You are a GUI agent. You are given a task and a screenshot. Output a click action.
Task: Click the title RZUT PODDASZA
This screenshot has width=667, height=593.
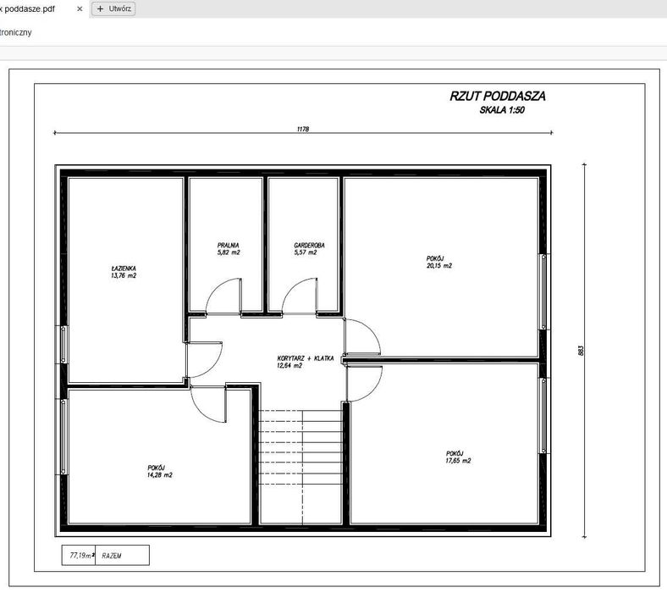click(498, 97)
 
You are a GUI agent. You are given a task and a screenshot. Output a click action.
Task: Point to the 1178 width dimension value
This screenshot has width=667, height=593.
click(303, 130)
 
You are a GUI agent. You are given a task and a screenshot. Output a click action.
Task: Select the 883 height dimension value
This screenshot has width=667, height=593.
click(582, 350)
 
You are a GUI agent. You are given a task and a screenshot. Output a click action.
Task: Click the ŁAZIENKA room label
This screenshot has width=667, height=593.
click(124, 269)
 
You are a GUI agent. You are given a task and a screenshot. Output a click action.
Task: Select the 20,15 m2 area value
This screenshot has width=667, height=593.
click(439, 265)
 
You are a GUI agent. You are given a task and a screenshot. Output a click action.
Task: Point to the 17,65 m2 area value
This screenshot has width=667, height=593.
click(458, 461)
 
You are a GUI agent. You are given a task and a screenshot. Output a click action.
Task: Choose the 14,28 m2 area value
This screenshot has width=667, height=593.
click(159, 475)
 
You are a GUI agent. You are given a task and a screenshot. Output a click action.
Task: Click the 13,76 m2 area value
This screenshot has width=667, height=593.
click(124, 276)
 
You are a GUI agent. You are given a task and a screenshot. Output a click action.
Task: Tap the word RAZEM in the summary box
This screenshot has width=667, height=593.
click(111, 556)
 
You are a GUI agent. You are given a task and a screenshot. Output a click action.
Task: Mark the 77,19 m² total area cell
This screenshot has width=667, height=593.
click(79, 556)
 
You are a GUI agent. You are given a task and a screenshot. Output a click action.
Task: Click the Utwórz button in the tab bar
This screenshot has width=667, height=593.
click(113, 8)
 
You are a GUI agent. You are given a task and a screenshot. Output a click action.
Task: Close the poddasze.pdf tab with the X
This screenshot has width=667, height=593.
click(80, 8)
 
